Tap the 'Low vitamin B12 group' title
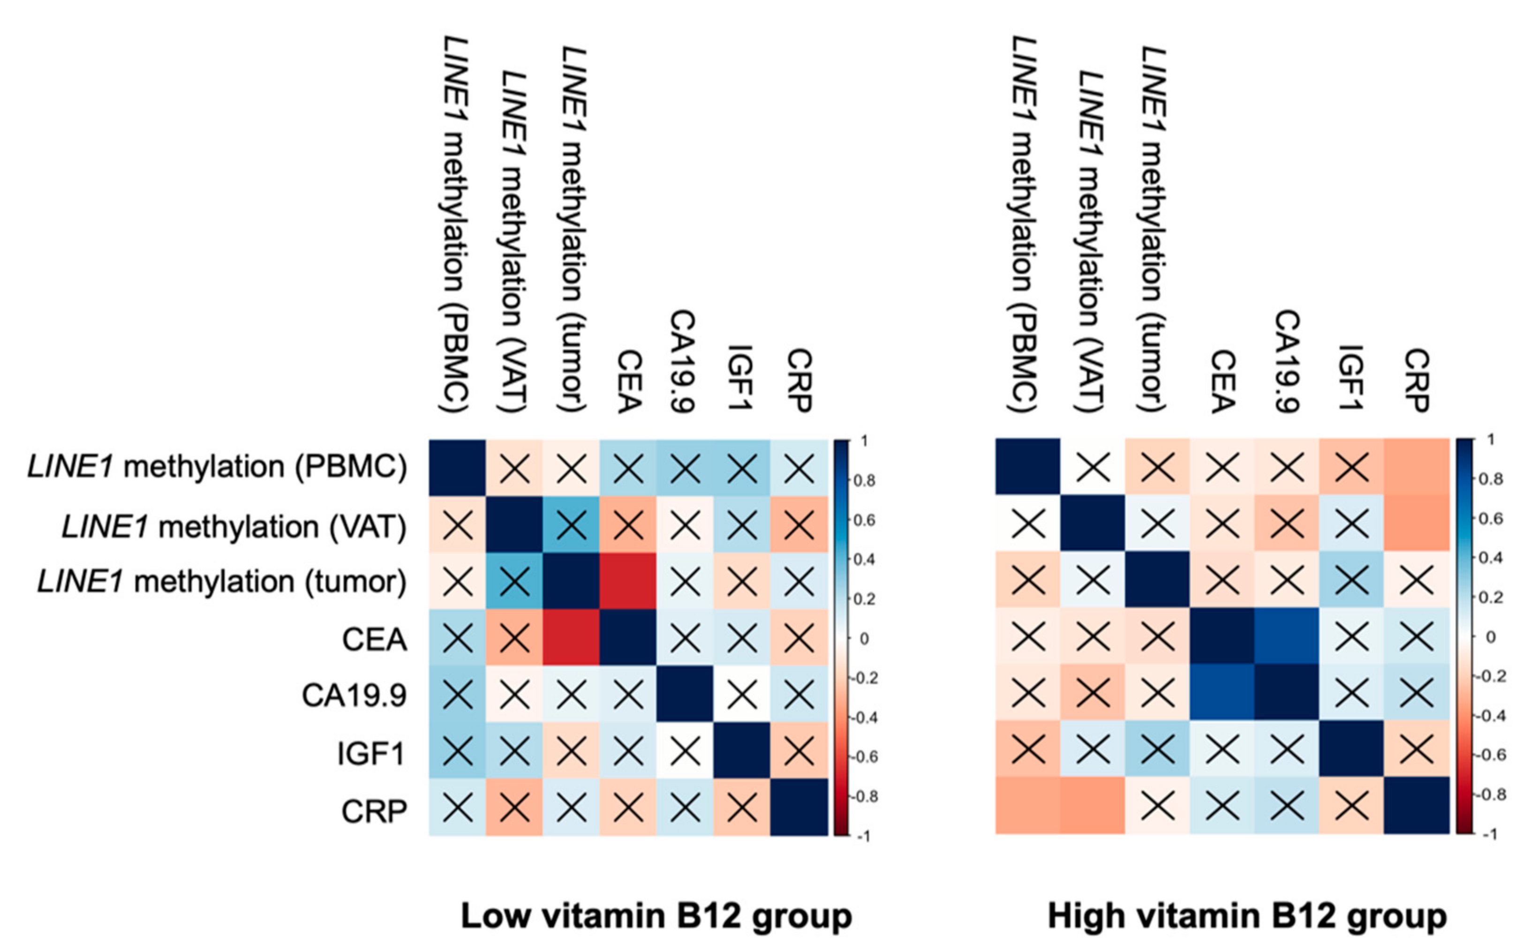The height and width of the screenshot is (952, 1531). click(x=656, y=916)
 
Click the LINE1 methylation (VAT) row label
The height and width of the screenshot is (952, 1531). click(x=234, y=526)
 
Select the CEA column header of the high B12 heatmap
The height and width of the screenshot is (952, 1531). click(x=1222, y=381)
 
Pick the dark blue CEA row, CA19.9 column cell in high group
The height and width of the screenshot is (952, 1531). click(x=1287, y=635)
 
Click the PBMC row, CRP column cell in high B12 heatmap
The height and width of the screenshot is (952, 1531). click(x=1417, y=467)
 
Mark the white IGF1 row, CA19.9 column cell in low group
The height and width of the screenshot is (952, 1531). click(x=685, y=750)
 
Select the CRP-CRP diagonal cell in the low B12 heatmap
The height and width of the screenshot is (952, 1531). click(x=798, y=807)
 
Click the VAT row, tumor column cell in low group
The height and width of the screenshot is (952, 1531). click(x=571, y=524)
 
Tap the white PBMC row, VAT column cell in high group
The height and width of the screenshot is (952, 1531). click(x=1093, y=467)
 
